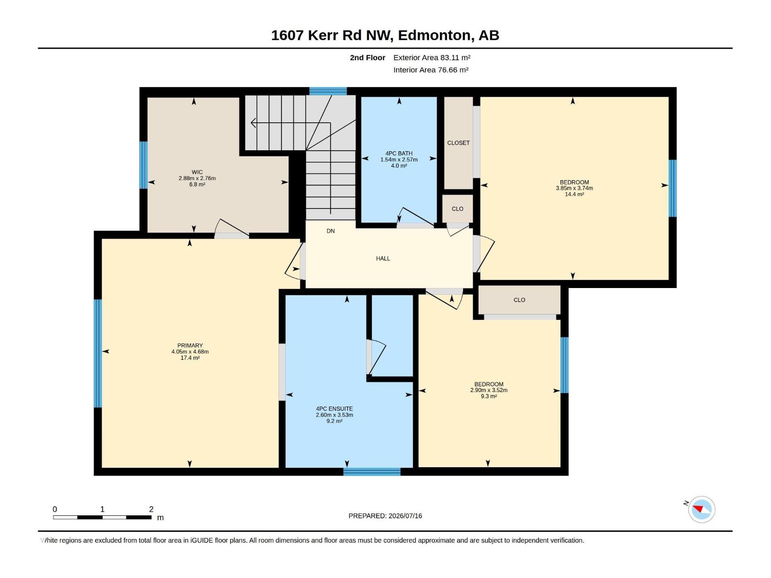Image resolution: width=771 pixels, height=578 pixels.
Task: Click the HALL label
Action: (x=383, y=259)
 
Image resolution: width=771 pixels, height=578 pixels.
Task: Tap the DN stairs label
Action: (x=331, y=231)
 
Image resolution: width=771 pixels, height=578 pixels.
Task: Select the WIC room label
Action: (x=197, y=172)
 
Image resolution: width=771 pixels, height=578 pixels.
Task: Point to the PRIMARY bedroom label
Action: (x=190, y=345)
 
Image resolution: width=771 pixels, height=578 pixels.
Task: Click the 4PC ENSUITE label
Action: (x=334, y=409)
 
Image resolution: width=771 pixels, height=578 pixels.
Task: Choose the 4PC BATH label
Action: (x=399, y=153)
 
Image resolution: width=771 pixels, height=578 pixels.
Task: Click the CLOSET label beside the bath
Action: (x=458, y=143)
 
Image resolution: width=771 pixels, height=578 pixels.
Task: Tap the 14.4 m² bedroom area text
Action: (x=574, y=194)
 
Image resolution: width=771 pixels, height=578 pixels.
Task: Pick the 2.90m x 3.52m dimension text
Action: (x=489, y=390)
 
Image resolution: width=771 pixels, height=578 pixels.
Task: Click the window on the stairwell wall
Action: (x=328, y=91)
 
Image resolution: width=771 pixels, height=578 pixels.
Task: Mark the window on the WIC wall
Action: (x=143, y=165)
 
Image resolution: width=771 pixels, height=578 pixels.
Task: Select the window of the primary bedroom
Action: (x=98, y=354)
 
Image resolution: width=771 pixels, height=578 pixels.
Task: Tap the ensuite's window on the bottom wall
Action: (x=372, y=472)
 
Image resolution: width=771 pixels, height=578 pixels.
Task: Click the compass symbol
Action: (x=702, y=510)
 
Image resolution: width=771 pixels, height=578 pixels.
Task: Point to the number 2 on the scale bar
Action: (x=151, y=509)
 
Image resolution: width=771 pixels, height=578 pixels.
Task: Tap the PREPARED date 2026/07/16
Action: (x=405, y=516)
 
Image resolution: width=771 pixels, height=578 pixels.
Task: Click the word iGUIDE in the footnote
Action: (x=201, y=540)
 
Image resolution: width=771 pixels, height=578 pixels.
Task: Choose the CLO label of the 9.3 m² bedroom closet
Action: (x=519, y=300)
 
